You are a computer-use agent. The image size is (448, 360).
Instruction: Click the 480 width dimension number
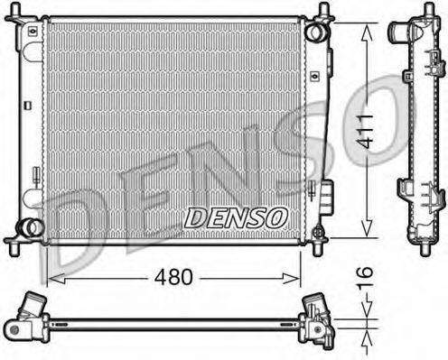point(172,277)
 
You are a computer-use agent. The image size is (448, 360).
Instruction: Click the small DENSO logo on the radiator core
point(236,217)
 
